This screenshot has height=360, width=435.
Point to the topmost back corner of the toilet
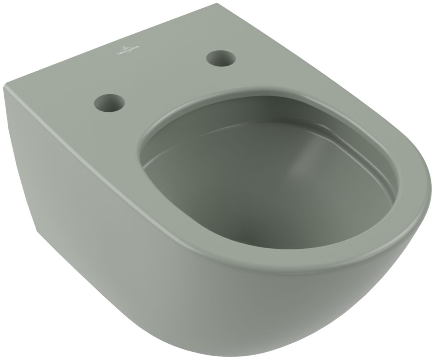217,4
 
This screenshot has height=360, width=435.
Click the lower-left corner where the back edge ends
37,231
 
